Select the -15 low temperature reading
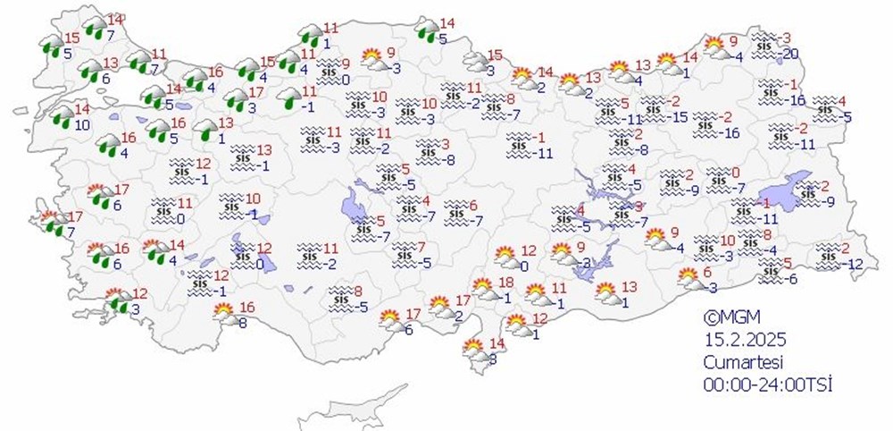[680, 117]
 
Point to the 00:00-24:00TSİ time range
[760, 384]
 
